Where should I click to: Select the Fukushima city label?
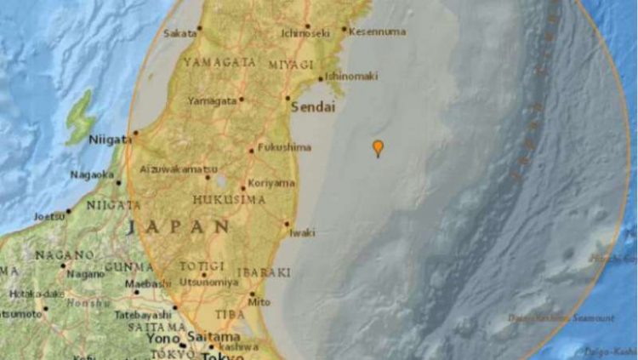[283, 146]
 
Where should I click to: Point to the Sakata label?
[179, 34]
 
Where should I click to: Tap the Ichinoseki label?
[305, 34]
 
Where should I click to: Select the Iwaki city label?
[302, 231]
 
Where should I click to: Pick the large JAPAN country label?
[179, 227]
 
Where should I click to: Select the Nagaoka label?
[91, 174]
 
